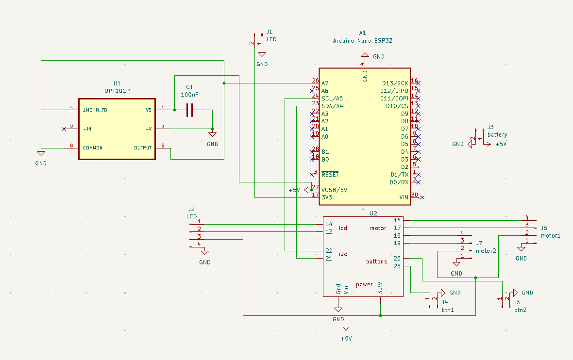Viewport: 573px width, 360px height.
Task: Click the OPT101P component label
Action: tap(117, 91)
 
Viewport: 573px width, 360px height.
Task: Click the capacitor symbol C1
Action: tap(189, 110)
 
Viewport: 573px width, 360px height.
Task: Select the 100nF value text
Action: tap(189, 95)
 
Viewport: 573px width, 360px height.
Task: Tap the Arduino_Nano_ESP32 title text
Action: tap(362, 41)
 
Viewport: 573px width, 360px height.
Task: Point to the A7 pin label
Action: tap(325, 83)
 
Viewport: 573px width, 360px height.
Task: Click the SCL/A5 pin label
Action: tap(332, 98)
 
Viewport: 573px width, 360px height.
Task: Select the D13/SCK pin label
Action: tap(395, 83)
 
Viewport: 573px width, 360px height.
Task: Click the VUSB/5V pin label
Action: tap(334, 189)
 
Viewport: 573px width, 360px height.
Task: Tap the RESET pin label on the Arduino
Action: tap(330, 174)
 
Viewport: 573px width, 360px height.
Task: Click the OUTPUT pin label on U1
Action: tap(143, 147)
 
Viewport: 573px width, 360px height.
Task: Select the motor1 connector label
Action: tap(551, 236)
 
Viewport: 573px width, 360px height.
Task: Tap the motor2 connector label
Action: tap(486, 251)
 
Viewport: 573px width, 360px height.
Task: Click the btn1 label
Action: tap(448, 309)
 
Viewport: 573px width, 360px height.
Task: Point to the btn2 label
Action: tap(520, 309)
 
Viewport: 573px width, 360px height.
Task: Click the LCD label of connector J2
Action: tap(191, 216)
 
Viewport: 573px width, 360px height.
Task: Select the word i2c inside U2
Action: tap(343, 254)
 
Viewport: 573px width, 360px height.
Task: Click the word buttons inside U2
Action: tap(376, 262)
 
